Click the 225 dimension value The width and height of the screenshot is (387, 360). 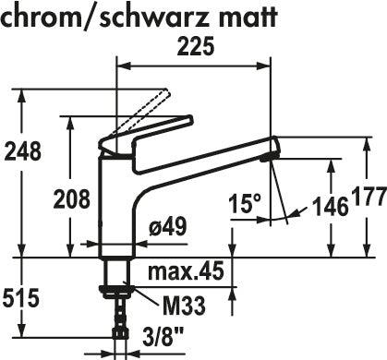click(195, 47)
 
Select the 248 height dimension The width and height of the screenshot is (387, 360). click(22, 151)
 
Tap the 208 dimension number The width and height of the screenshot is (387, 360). click(72, 199)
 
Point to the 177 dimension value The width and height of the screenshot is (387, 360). click(369, 196)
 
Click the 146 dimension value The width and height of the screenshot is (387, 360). click(331, 207)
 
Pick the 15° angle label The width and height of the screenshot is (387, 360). click(245, 203)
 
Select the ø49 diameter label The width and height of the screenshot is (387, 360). click(168, 227)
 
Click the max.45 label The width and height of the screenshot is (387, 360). click(186, 271)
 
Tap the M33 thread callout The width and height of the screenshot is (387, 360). click(184, 306)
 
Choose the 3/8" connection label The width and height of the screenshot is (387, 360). click(163, 337)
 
